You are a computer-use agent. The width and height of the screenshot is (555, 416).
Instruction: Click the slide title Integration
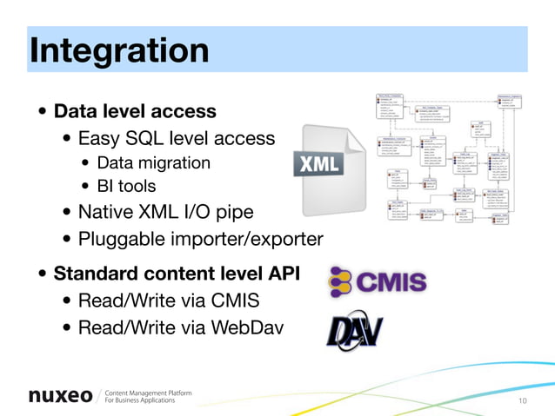(118, 50)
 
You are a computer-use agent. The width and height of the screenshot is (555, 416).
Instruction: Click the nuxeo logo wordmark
(60, 396)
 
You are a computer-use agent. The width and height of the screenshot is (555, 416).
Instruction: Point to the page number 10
(523, 400)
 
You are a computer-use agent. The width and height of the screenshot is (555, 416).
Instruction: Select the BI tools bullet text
(126, 186)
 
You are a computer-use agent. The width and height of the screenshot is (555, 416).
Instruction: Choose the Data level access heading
(135, 112)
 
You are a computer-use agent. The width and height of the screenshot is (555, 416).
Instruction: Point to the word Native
(104, 212)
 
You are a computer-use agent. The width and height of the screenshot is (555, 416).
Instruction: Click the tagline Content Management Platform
(148, 392)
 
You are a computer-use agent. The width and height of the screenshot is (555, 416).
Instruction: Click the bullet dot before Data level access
(42, 113)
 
